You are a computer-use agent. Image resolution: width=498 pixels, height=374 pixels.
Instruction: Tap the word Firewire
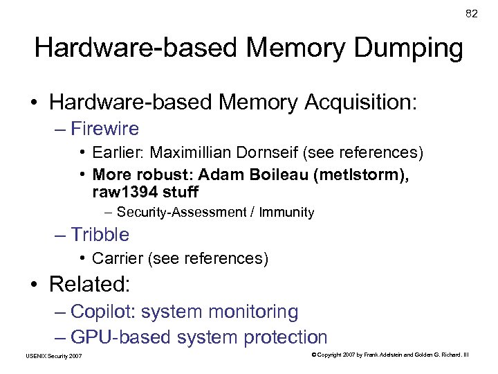point(104,129)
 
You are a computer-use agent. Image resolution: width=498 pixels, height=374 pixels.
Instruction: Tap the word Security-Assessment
point(182,213)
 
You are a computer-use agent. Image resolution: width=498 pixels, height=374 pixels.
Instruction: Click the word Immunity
point(287,213)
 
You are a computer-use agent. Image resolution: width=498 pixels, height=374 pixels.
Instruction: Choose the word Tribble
point(100,235)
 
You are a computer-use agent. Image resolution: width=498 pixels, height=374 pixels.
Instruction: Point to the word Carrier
point(115,259)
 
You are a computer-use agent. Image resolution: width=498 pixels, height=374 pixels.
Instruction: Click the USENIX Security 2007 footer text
point(53,356)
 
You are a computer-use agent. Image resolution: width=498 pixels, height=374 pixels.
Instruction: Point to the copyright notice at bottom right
point(390,355)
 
